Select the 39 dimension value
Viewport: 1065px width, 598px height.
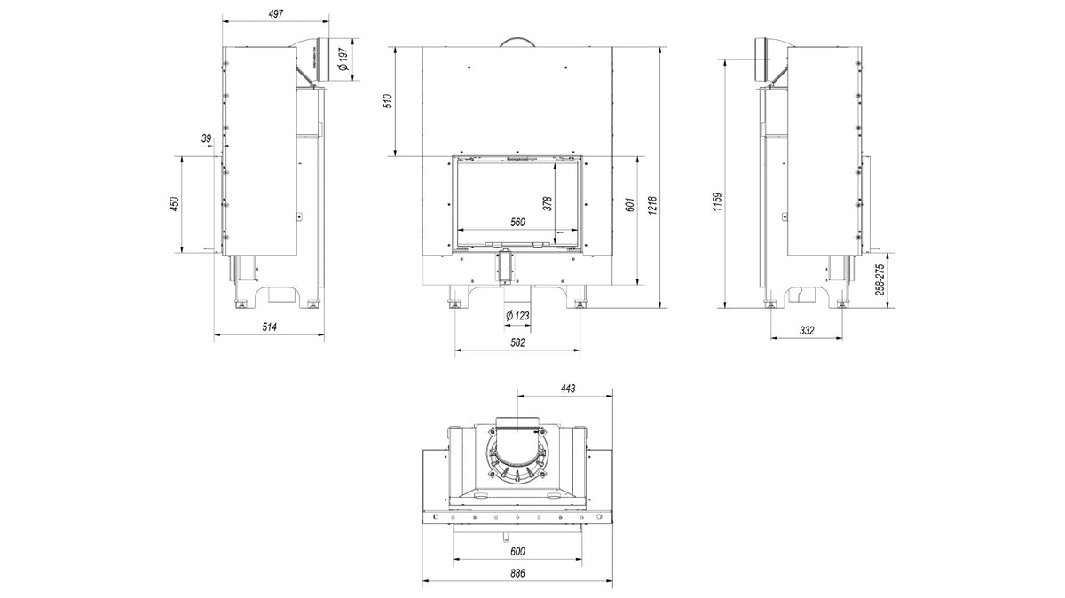coord(207,138)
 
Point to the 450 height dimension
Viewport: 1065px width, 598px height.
coord(175,204)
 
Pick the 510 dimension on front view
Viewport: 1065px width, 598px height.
coord(386,101)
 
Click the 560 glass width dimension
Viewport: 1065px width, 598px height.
coord(517,223)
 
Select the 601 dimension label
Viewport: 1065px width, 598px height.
coord(631,204)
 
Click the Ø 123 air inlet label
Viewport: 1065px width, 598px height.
coord(517,317)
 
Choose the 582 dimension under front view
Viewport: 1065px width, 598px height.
coord(517,342)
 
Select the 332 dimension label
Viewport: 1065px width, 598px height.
coord(806,330)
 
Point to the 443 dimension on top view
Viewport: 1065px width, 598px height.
coord(567,388)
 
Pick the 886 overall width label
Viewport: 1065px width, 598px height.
coord(517,574)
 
